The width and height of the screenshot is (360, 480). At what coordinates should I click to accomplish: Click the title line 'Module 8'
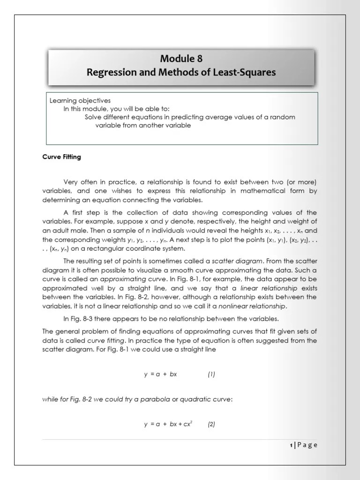point(182,59)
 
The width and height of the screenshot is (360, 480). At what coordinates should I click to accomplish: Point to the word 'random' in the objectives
point(283,117)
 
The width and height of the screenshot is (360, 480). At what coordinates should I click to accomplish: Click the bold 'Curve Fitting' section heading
point(62,157)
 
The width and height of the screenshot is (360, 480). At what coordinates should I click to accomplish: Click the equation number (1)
point(211,374)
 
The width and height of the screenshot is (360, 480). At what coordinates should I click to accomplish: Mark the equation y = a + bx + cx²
point(169,424)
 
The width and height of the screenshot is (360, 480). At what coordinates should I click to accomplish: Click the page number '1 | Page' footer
point(303,445)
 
